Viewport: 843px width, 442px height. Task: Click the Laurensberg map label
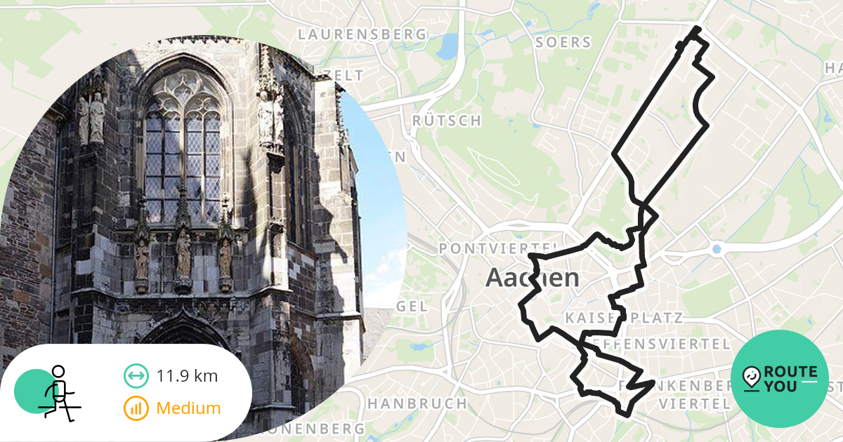click(362, 34)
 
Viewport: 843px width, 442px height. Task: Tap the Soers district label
click(563, 42)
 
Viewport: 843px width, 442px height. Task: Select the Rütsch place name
click(447, 121)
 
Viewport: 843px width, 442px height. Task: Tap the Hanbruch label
click(417, 403)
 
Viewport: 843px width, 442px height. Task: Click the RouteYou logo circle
click(780, 379)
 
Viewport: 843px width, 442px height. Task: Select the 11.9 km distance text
click(187, 376)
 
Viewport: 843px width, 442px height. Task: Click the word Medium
click(188, 408)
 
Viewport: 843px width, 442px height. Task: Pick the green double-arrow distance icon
click(136, 376)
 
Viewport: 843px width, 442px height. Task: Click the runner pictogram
click(58, 391)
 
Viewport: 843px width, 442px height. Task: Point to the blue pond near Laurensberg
click(447, 46)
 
